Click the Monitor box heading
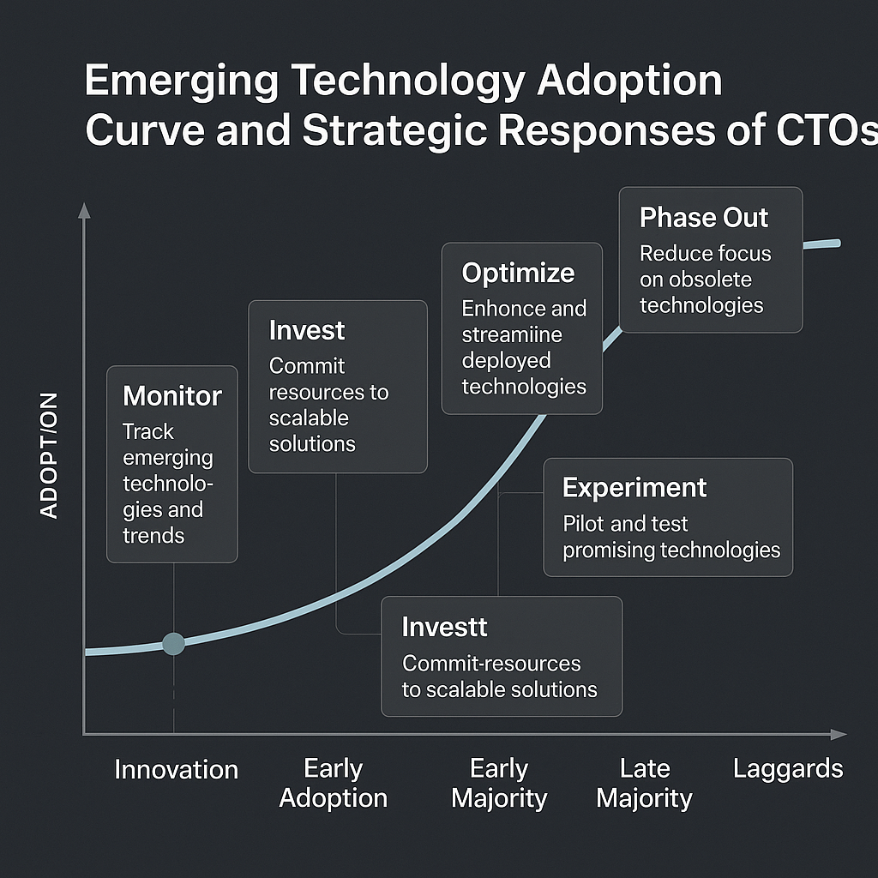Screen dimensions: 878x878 coord(172,396)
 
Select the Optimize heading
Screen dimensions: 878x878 coord(518,274)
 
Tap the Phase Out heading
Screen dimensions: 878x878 coord(704,218)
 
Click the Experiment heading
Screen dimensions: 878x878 coord(634,488)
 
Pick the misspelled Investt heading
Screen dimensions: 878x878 coord(444,627)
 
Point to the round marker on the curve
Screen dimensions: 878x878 coord(173,644)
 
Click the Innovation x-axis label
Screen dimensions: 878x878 coord(176,769)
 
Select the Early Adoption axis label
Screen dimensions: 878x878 coord(334,783)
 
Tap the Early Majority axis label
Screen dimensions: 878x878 coord(499,783)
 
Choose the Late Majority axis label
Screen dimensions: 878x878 coord(644,783)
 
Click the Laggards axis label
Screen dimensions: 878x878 coord(788,768)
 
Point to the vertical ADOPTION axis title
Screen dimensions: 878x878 coord(50,455)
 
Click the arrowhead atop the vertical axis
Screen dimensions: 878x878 coord(83,210)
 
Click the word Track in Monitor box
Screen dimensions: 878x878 coord(147,432)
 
